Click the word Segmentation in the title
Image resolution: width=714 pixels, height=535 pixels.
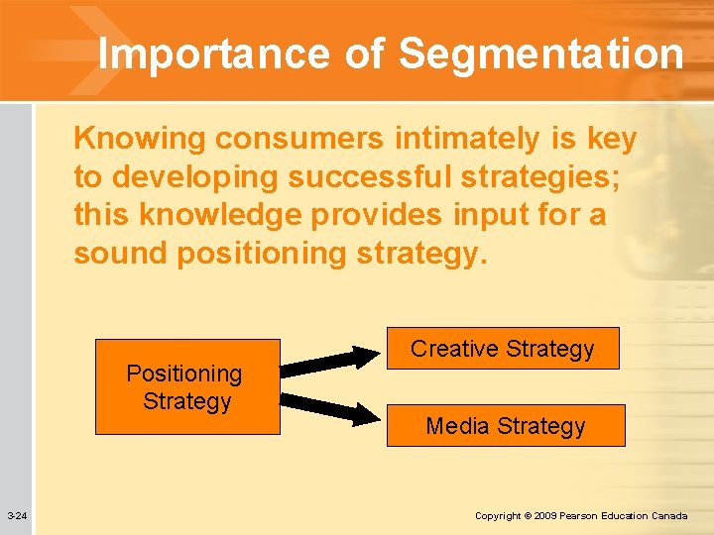pyautogui.click(x=542, y=54)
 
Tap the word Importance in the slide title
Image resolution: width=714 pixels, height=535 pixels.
pyautogui.click(x=214, y=54)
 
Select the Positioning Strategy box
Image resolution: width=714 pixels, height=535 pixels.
pyautogui.click(x=187, y=387)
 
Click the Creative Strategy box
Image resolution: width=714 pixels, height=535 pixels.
pyautogui.click(x=503, y=349)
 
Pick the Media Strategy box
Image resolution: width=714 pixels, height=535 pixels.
pyautogui.click(x=506, y=426)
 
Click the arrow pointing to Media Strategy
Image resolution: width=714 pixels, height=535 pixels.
pyautogui.click(x=331, y=407)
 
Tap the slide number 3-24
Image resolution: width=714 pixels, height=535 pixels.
pyautogui.click(x=17, y=516)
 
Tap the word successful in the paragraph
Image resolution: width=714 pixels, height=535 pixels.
pyautogui.click(x=348, y=177)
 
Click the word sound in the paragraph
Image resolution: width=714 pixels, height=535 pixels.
pyautogui.click(x=120, y=253)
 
